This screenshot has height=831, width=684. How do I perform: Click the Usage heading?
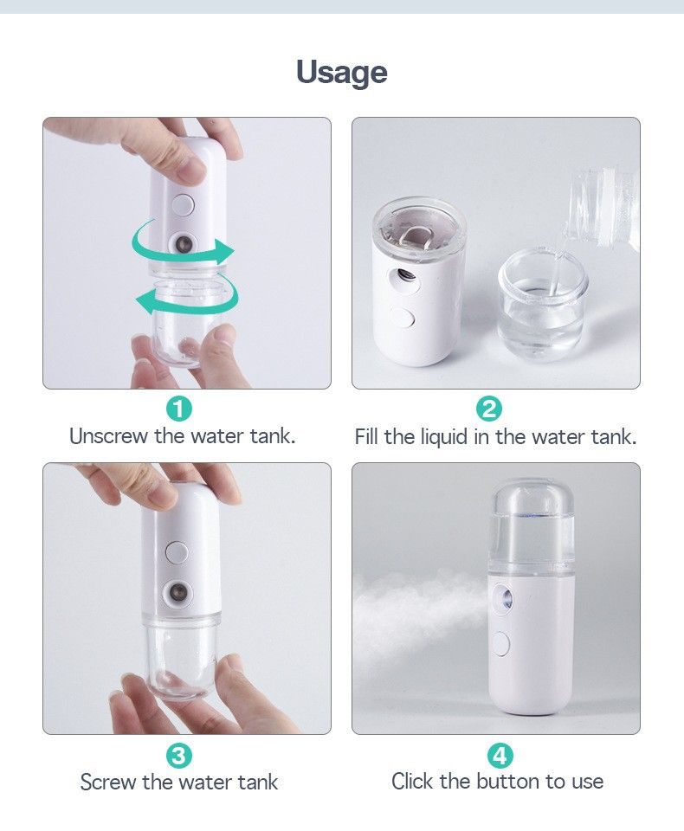(342, 73)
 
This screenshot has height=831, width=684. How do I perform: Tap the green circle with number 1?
(179, 409)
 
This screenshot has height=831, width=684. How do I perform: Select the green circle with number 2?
(489, 409)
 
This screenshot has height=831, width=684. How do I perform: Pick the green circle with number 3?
(179, 755)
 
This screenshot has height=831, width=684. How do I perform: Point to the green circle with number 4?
(500, 755)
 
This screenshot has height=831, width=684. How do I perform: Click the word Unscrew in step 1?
(109, 436)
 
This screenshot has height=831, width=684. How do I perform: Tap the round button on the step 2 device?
(404, 320)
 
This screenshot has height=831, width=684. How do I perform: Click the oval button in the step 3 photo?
(177, 551)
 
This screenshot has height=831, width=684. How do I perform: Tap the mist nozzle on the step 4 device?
(504, 599)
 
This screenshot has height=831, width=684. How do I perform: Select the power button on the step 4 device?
(500, 644)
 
